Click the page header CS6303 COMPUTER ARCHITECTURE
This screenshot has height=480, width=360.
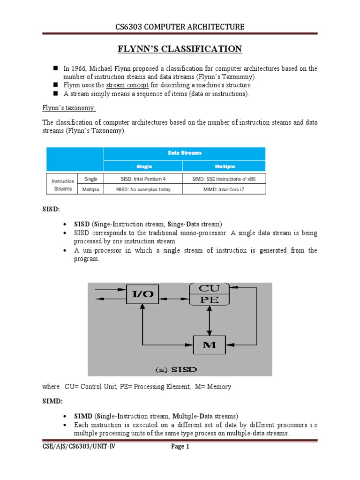pos(180,27)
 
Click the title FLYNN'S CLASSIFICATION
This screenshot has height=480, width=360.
pos(180,49)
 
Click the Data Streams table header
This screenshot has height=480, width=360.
pos(184,153)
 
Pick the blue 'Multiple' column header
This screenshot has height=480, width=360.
pos(224,166)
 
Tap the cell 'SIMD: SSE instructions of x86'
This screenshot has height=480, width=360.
pos(224,179)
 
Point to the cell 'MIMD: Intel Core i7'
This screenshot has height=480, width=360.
pos(224,189)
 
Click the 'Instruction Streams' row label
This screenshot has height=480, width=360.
pos(63,184)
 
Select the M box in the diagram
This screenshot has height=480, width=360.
pos(210,346)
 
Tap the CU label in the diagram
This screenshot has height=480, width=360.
pos(209,288)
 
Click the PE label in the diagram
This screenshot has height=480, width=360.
pos(209,300)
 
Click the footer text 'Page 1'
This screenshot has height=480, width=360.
pos(180,447)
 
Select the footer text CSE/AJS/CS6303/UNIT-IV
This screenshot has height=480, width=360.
pos(75,447)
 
